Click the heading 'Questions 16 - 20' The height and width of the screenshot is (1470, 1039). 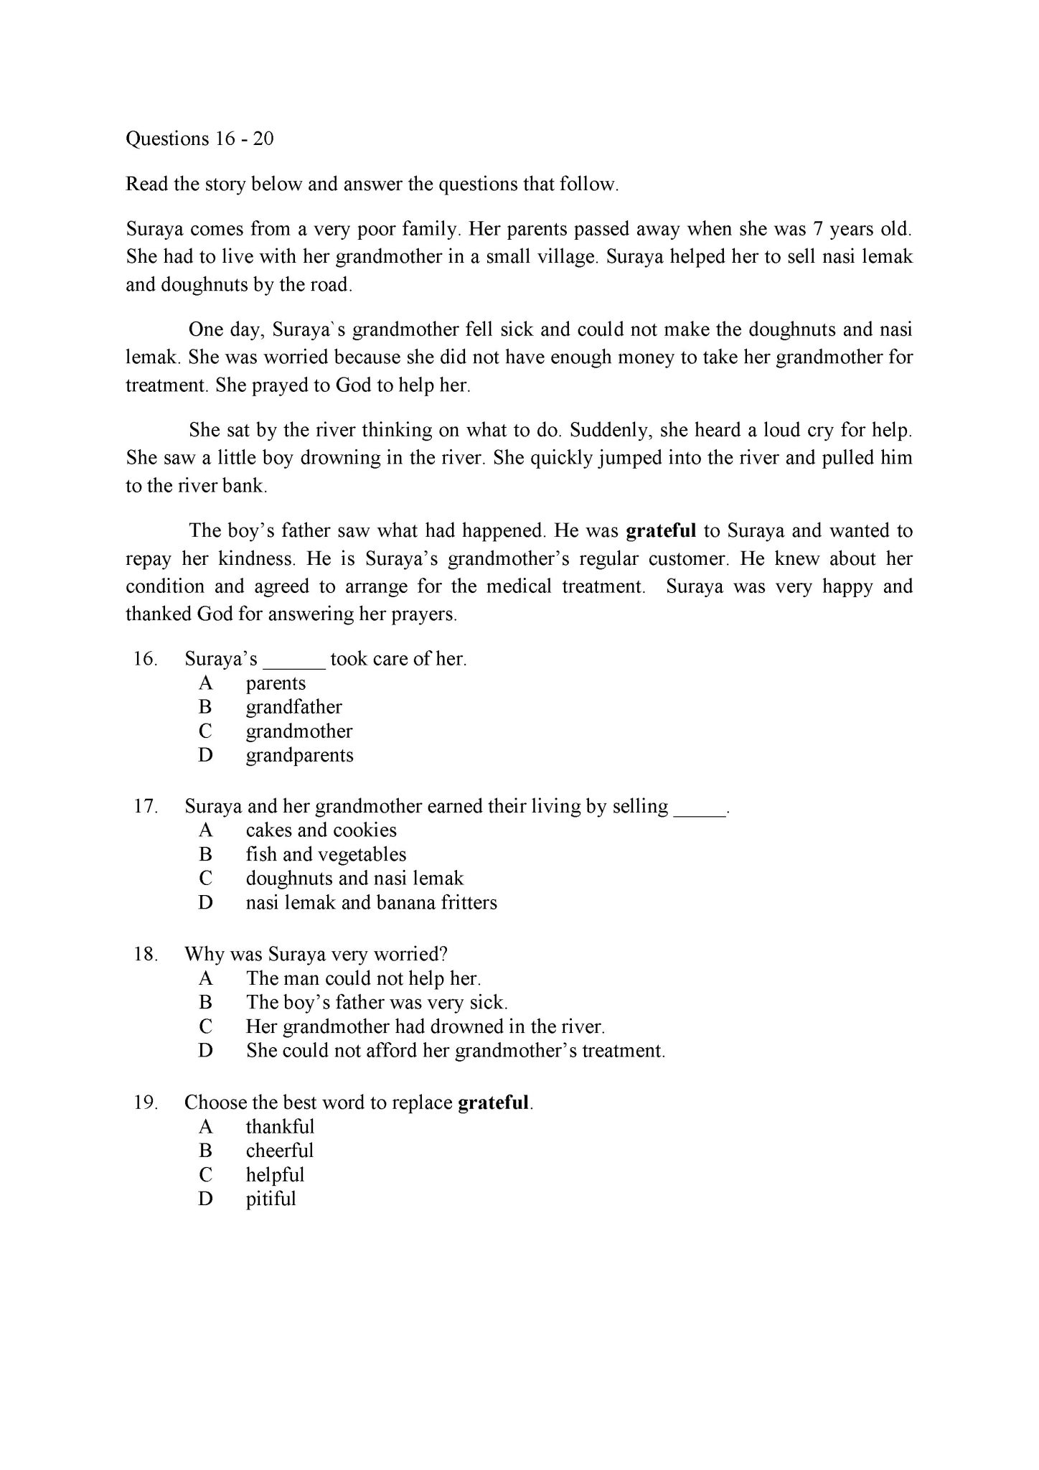[199, 139]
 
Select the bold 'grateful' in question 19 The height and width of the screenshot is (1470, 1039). [494, 1102]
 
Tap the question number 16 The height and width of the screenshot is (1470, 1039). [145, 659]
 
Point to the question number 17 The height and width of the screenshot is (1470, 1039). [145, 807]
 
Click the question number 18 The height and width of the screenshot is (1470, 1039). [145, 955]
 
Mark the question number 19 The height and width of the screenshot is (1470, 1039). [145, 1102]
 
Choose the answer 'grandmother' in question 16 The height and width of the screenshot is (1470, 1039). [299, 731]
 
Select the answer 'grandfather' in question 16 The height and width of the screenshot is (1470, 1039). [294, 707]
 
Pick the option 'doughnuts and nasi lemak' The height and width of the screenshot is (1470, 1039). [354, 879]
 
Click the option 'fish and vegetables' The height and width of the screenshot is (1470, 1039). [326, 854]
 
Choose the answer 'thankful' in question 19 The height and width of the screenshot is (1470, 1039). [280, 1127]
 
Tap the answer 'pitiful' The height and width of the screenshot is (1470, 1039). [271, 1199]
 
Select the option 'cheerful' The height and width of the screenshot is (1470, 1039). [280, 1151]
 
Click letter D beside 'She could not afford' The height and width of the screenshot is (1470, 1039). [206, 1051]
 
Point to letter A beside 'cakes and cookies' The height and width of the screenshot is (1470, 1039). [206, 830]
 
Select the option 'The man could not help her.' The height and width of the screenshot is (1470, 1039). [363, 978]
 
